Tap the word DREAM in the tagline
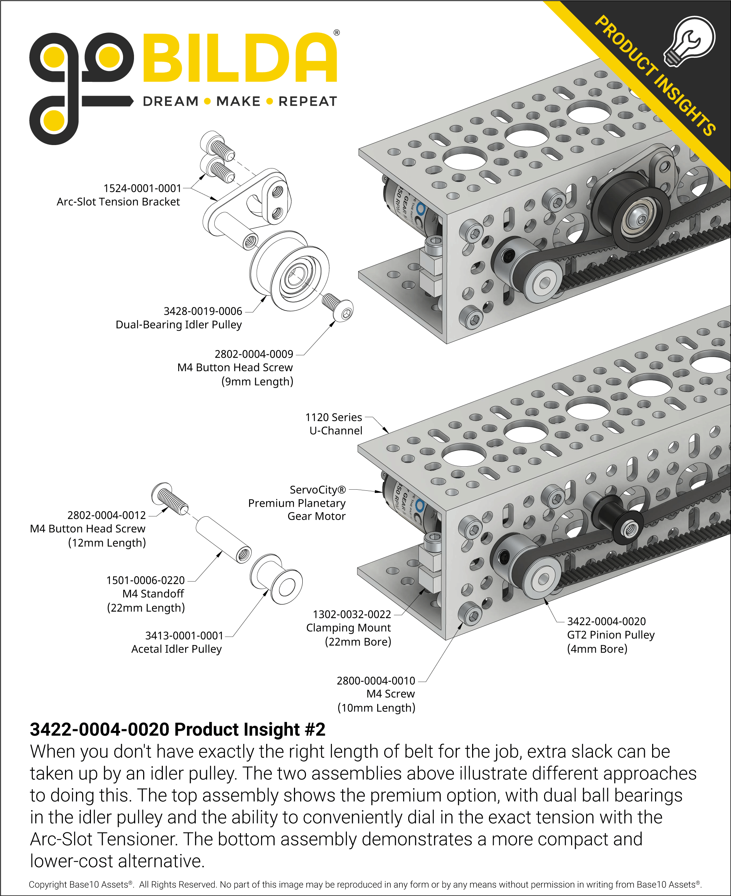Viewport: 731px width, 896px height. click(x=171, y=102)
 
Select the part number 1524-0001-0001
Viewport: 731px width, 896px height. click(x=142, y=189)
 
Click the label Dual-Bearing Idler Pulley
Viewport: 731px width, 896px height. click(x=179, y=324)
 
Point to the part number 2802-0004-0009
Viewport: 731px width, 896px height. click(x=253, y=354)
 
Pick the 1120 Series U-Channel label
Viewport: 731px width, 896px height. click(x=334, y=424)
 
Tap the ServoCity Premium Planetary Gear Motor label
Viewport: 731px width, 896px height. click(x=297, y=503)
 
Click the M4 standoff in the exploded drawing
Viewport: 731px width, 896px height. click(x=223, y=540)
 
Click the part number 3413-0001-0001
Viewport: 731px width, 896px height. click(x=184, y=635)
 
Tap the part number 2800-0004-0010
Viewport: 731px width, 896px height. click(x=376, y=681)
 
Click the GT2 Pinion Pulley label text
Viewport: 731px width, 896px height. click(x=611, y=635)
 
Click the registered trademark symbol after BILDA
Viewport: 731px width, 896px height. click(x=336, y=33)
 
